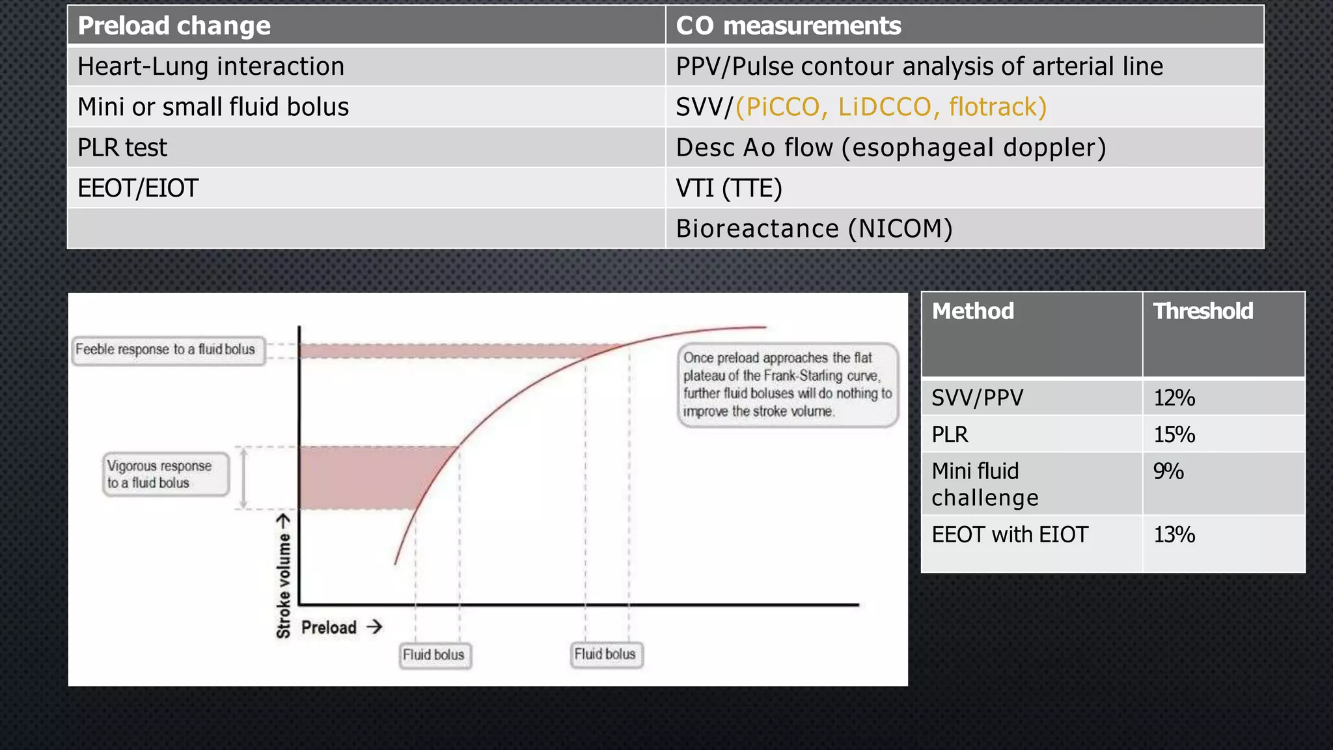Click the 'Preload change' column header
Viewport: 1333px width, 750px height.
174,26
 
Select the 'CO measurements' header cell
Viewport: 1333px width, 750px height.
788,26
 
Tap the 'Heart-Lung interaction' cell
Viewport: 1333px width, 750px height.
211,66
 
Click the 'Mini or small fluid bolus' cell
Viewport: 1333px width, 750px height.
213,107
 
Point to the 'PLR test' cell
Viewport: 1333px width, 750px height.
122,148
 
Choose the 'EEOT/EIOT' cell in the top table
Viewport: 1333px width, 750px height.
138,188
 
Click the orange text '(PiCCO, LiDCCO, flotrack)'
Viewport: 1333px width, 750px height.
891,107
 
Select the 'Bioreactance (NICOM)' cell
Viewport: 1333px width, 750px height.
814,229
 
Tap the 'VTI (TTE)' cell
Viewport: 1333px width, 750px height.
729,188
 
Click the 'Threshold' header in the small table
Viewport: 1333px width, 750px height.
1203,311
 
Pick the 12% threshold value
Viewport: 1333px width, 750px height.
1174,398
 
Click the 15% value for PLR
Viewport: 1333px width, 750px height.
1174,434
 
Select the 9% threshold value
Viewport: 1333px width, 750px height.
1168,471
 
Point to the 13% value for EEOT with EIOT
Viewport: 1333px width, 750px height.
1174,535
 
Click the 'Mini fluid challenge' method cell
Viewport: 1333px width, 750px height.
984,484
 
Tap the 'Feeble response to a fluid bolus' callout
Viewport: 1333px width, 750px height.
166,350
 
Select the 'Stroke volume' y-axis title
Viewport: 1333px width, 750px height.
284,576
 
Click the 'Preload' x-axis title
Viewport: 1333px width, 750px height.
329,628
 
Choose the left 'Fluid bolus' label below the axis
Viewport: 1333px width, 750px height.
433,655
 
